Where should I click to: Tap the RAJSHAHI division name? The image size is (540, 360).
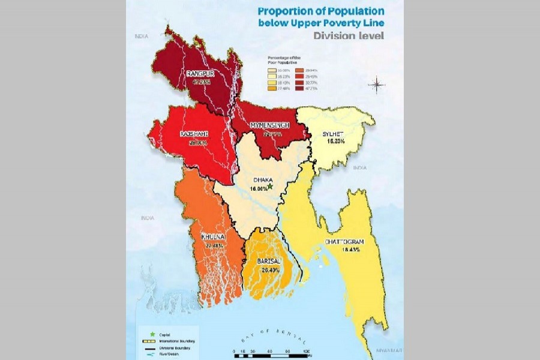coord(189,134)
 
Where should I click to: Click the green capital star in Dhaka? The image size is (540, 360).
coord(271,187)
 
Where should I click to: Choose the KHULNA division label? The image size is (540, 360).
coord(212,237)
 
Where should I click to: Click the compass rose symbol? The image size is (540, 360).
coord(377,85)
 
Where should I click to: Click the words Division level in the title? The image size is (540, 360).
coord(349,35)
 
